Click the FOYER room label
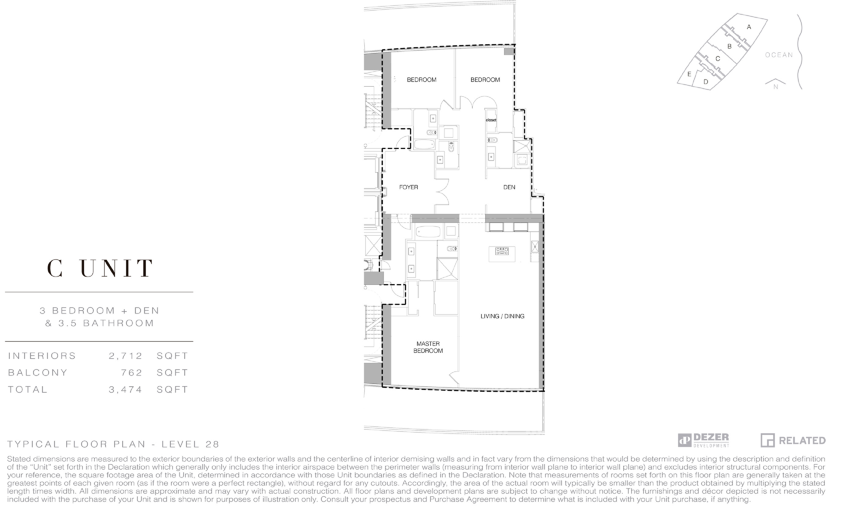click(x=409, y=187)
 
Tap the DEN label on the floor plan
click(x=509, y=187)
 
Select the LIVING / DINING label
click(x=502, y=316)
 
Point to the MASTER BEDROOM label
click(x=428, y=347)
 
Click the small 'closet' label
click(x=491, y=120)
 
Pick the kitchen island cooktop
click(x=502, y=251)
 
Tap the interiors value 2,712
click(x=125, y=356)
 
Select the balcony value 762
click(x=131, y=373)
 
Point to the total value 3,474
click(x=125, y=390)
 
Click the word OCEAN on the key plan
click(x=779, y=55)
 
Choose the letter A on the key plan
click(x=749, y=27)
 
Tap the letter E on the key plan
click(x=689, y=74)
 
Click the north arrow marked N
click(x=775, y=84)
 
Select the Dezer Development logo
click(x=703, y=440)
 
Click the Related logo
click(x=793, y=440)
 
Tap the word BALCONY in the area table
click(x=38, y=373)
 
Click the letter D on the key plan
click(x=706, y=82)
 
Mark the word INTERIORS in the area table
click(x=42, y=356)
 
